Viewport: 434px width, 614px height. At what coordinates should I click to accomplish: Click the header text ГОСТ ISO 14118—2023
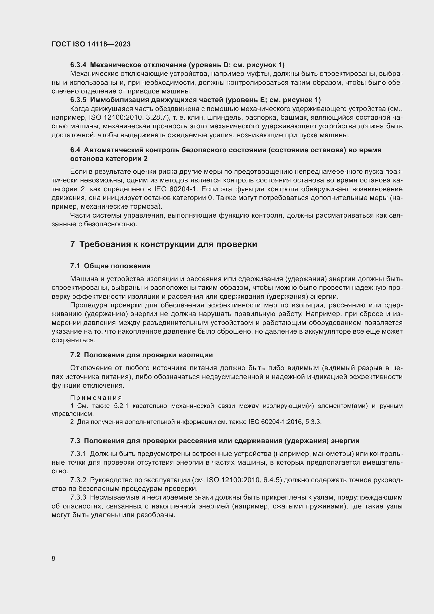point(91,44)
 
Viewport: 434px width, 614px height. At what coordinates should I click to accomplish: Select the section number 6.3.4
point(78,65)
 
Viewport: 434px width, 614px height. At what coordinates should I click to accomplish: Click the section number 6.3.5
point(78,100)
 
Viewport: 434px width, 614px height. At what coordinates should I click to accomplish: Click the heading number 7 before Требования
point(72,244)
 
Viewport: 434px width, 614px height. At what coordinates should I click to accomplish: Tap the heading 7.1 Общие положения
point(110,266)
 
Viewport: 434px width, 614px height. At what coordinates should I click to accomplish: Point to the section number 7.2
point(75,355)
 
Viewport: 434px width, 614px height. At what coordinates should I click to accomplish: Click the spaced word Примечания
point(96,398)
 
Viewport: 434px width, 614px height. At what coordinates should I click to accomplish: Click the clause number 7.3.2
point(78,480)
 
